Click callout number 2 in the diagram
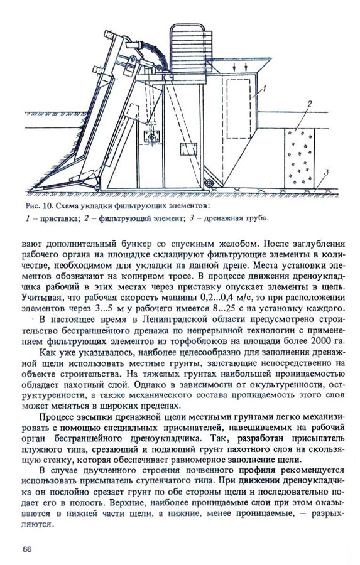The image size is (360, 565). [309, 103]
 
